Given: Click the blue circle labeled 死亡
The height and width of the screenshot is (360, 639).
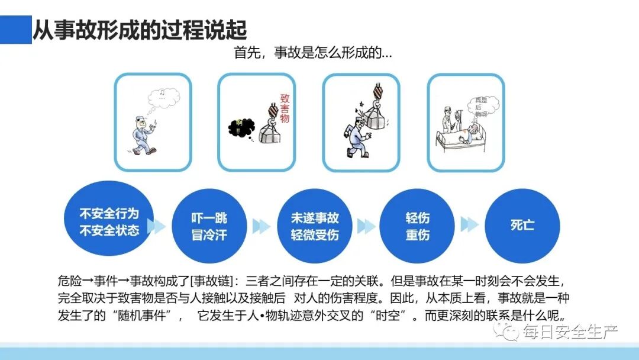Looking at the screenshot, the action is click(x=522, y=225).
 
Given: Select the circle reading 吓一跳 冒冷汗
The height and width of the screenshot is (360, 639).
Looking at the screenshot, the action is click(x=209, y=226).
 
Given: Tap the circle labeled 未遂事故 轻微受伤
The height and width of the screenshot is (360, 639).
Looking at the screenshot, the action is click(x=314, y=226).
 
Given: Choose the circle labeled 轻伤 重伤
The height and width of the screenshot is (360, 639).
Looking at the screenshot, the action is click(x=417, y=226).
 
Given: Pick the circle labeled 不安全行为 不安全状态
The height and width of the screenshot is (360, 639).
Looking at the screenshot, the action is click(x=109, y=221).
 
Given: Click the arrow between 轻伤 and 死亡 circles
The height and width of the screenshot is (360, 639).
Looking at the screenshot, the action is click(x=469, y=225).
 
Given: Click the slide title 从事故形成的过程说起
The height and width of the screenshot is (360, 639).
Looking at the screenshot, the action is click(x=140, y=30).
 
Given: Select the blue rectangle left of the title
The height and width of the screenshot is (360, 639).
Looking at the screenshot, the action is click(x=15, y=30).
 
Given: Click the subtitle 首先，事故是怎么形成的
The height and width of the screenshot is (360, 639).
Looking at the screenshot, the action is click(x=313, y=53).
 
